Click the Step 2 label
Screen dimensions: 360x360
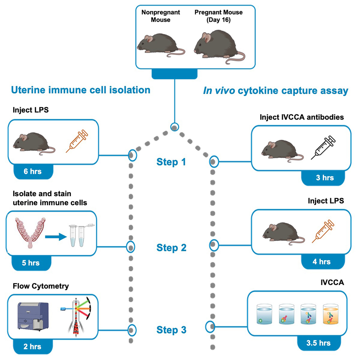171,248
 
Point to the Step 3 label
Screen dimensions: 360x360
171,330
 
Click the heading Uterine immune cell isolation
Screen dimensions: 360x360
81,89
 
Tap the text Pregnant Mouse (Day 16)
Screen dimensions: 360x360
218,16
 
